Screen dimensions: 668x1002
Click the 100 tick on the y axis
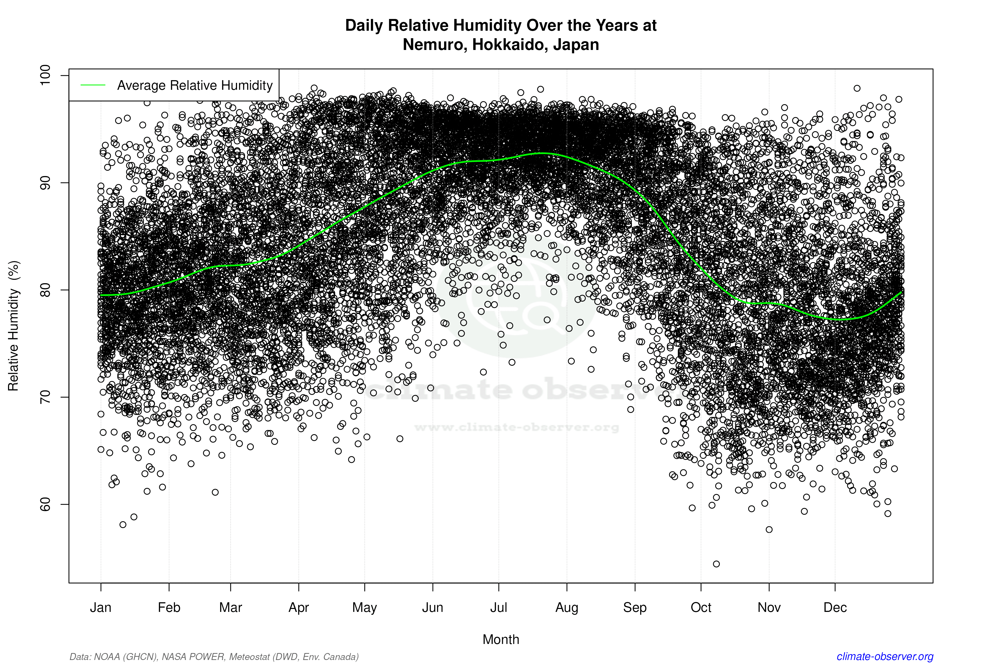click(x=45, y=75)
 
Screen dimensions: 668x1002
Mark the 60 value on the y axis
click(x=45, y=504)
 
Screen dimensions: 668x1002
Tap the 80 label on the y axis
click(x=45, y=290)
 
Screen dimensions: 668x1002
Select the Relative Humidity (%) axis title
click(x=14, y=326)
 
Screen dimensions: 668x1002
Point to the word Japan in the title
click(x=576, y=44)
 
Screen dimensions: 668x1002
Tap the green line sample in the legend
click(x=93, y=85)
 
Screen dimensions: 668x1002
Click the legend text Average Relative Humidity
click(x=195, y=85)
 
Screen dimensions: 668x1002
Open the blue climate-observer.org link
click(x=885, y=657)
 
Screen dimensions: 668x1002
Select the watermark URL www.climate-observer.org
click(x=516, y=427)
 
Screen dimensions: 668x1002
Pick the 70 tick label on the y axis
click(x=45, y=397)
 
